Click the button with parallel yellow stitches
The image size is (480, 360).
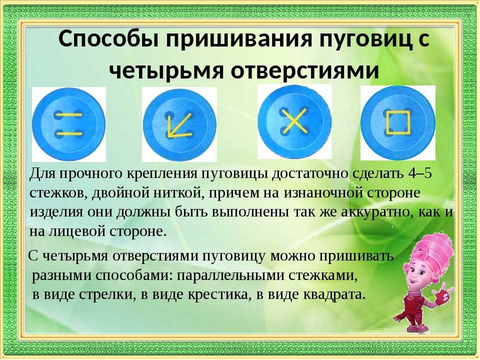69,124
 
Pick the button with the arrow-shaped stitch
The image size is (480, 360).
179,124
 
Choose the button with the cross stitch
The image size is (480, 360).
294,121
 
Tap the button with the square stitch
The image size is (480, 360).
397,123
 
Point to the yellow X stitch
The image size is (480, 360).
294,121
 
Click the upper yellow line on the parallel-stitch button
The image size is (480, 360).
68,115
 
